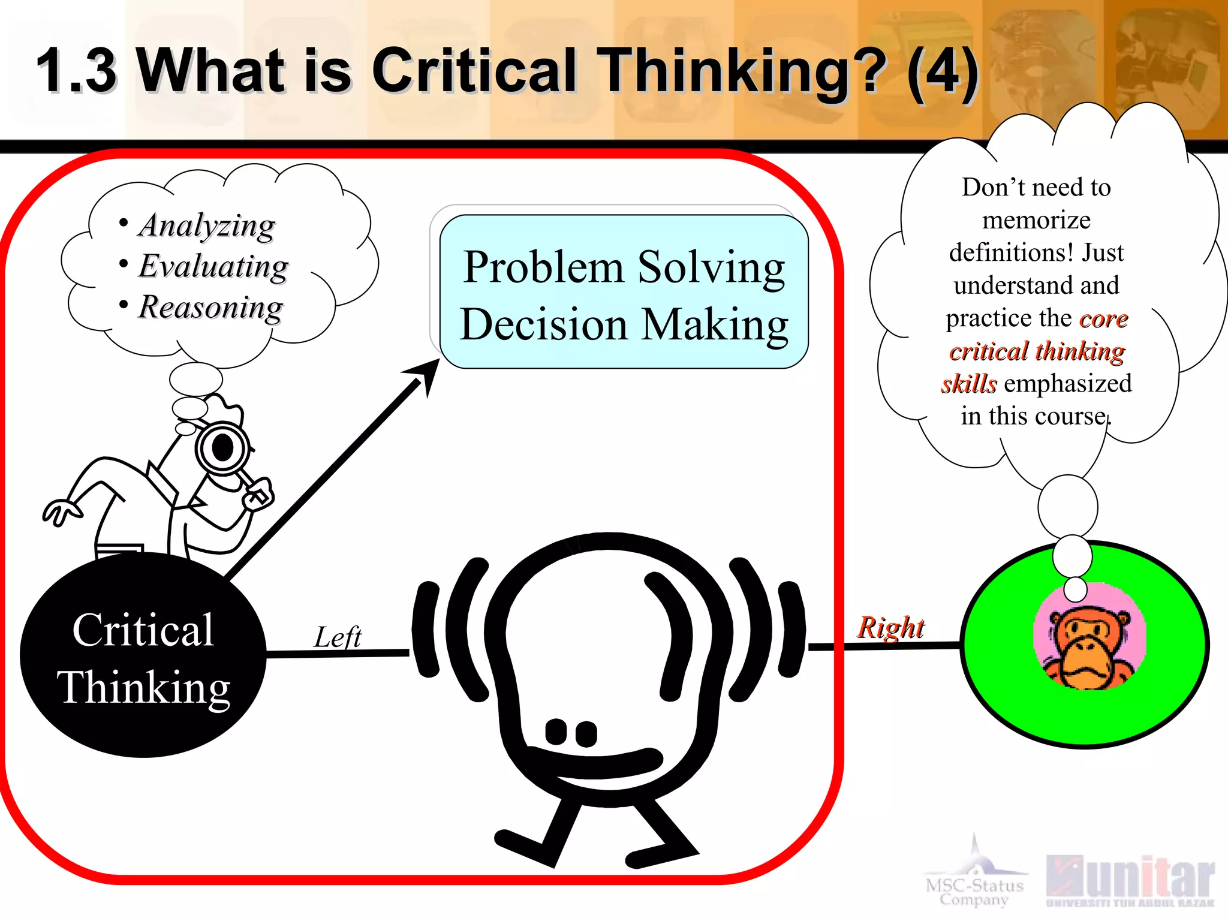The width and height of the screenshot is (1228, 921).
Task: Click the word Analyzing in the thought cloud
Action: click(x=207, y=227)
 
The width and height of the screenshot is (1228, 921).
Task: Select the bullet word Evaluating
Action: click(x=213, y=267)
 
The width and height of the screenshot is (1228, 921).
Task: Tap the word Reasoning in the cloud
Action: click(x=210, y=308)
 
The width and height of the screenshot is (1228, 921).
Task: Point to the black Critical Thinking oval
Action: click(x=143, y=657)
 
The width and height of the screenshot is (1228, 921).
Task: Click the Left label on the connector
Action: click(x=338, y=637)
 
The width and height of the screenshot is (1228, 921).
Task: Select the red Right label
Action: click(x=890, y=628)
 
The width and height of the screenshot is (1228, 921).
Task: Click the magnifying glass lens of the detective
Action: click(x=222, y=447)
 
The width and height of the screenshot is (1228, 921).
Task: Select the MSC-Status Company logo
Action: click(x=974, y=881)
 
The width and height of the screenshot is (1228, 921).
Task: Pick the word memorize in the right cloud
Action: click(x=1036, y=220)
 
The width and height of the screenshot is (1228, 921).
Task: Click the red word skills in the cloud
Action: click(x=969, y=384)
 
